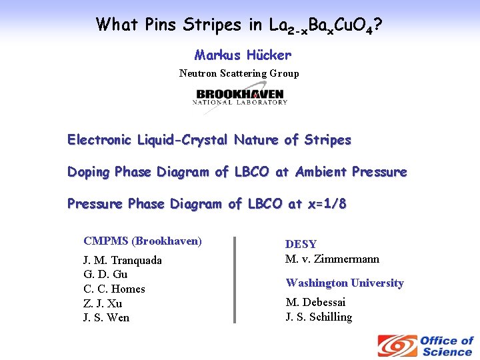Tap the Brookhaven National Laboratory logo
point(240,97)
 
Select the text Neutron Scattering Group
point(239,73)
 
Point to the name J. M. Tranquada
point(122,260)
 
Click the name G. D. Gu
point(105,274)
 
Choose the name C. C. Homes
point(114,289)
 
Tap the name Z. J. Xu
point(103,303)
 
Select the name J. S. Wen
point(106,317)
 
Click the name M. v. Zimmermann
point(332,259)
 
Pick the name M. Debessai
point(315,303)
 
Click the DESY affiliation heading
point(301,245)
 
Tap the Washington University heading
point(345,283)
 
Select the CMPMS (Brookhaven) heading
point(142,241)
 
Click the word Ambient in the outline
point(313,172)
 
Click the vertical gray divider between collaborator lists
point(234,279)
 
